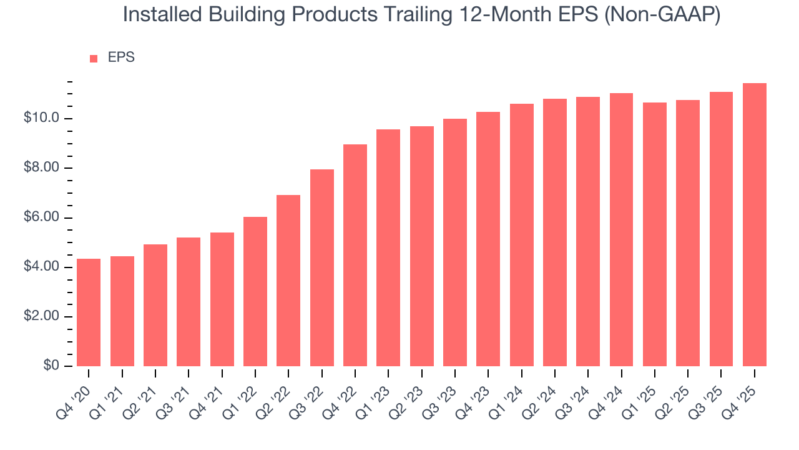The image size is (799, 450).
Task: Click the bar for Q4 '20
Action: tap(89, 312)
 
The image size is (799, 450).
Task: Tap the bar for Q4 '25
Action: tap(755, 225)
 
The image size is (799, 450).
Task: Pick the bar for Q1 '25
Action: tap(655, 234)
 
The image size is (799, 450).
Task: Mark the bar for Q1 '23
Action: tap(388, 247)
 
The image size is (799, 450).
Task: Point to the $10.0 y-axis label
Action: tap(41, 119)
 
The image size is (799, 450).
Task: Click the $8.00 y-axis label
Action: tap(41, 168)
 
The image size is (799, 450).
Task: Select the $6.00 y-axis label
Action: tap(41, 217)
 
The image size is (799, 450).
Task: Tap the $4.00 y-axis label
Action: tap(41, 267)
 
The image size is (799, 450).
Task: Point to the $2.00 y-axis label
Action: tap(41, 316)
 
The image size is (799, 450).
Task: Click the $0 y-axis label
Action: tap(51, 366)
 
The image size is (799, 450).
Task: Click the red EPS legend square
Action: tap(94, 58)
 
